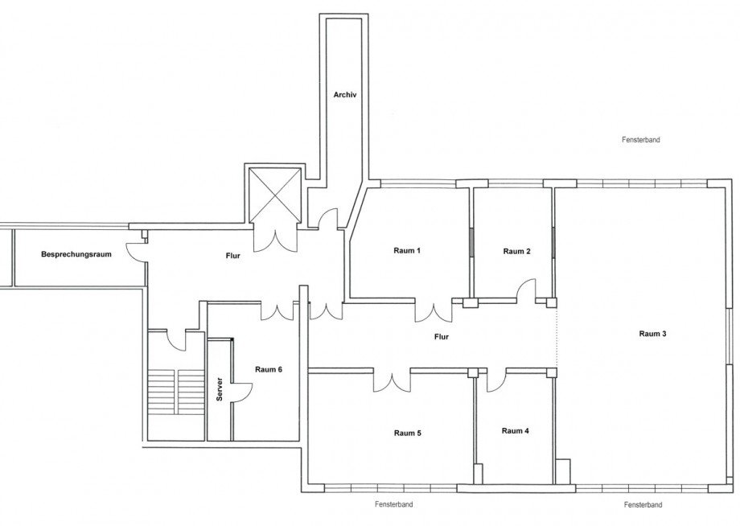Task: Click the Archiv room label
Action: click(x=344, y=95)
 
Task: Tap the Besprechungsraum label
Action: click(x=76, y=254)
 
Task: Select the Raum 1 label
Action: click(x=407, y=250)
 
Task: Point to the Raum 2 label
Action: click(x=516, y=252)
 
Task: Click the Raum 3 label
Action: click(x=652, y=334)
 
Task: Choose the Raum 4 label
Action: click(x=516, y=431)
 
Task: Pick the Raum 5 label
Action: click(x=407, y=433)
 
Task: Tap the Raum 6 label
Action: click(x=269, y=369)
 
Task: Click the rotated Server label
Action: click(x=220, y=389)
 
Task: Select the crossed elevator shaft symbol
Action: click(x=274, y=195)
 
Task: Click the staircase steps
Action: click(x=176, y=392)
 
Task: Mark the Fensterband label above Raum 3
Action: click(x=641, y=140)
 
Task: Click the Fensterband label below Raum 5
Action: click(x=394, y=504)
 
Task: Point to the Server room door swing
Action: click(x=242, y=392)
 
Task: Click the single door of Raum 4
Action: click(x=496, y=380)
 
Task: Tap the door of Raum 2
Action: click(x=526, y=290)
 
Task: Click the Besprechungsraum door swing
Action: click(x=135, y=251)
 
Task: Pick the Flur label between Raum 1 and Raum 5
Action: click(x=442, y=337)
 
